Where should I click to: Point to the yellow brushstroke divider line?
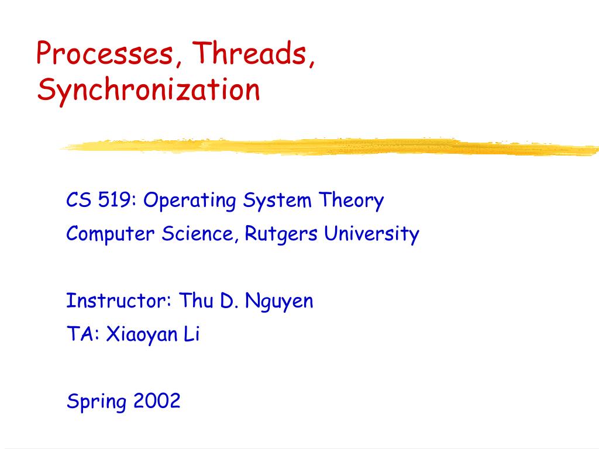(328, 146)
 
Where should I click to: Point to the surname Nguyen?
(280, 302)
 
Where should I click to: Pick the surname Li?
(191, 335)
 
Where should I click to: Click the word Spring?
(96, 402)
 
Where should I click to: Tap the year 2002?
(157, 401)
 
